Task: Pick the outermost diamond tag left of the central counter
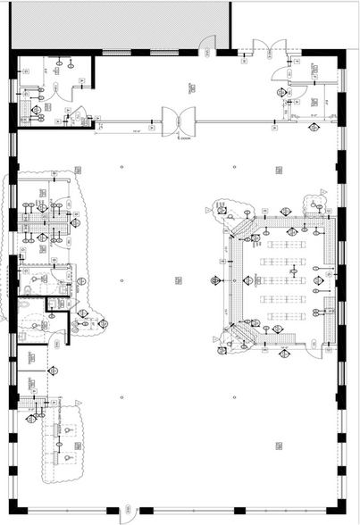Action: click(214, 279)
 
